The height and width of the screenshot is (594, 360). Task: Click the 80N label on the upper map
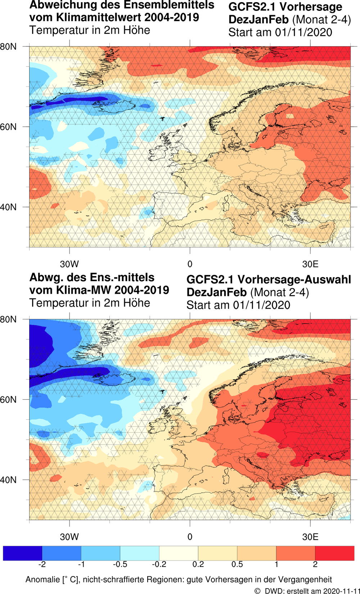click(8, 47)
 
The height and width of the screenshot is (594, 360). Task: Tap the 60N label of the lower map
click(8, 400)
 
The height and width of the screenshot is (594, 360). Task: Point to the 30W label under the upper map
click(69, 264)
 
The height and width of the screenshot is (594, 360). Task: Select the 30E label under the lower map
click(310, 537)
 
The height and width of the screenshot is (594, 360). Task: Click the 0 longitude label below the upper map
click(190, 264)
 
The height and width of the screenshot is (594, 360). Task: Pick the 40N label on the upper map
click(8, 207)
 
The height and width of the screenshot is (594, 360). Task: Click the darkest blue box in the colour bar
click(22, 553)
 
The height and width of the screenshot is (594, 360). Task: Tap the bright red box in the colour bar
click(334, 553)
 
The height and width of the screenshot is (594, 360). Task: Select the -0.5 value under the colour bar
click(120, 564)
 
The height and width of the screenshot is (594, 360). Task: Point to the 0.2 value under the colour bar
click(198, 564)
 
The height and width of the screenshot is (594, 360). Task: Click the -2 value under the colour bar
click(42, 564)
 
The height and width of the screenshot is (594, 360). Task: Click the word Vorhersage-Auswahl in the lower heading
click(294, 279)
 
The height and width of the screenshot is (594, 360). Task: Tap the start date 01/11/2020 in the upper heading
click(303, 32)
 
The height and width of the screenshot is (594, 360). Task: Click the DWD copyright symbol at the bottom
click(257, 591)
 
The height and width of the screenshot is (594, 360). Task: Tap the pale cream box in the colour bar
click(179, 553)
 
